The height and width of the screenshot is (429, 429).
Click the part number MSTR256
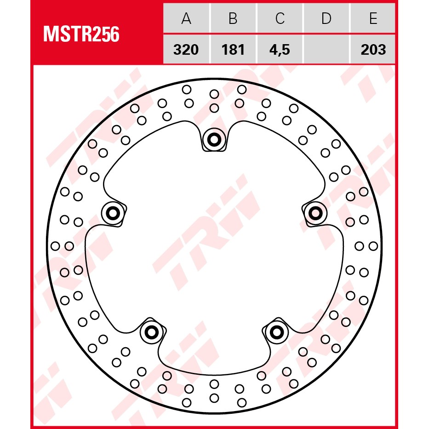pos(81,34)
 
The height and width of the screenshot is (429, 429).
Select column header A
pos(186,18)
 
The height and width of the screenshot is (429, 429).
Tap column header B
pos(233,18)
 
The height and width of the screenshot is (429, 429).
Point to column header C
pos(280,18)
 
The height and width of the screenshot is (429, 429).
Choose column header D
pos(326,18)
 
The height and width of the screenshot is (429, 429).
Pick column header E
pos(373,18)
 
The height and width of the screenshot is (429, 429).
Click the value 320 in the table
pos(186,50)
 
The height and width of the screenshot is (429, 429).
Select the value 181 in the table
pos(233,50)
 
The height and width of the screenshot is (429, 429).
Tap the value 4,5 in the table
pos(280,50)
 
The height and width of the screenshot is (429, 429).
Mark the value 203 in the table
pos(373,50)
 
